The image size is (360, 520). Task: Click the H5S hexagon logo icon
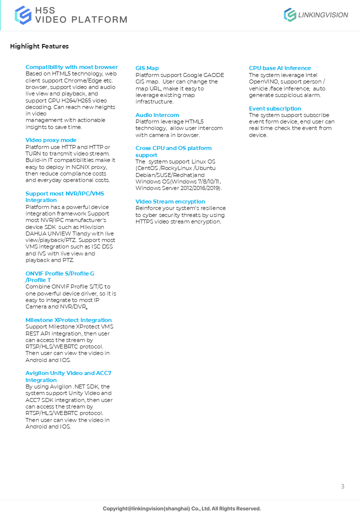point(23,15)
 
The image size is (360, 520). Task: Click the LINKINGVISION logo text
point(322,15)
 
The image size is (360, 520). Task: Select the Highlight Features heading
point(39,46)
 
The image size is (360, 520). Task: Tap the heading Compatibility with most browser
point(71,67)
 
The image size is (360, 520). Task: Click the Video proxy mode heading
point(51,140)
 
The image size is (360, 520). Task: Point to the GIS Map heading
point(147,68)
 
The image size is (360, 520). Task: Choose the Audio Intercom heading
point(157,115)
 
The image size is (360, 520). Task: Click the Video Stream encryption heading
point(170,201)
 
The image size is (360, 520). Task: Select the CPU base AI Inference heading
point(279,68)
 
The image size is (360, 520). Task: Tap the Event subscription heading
point(275,108)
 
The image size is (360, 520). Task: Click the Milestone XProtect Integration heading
point(68,320)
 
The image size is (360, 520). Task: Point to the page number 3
point(342,486)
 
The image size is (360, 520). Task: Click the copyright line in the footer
point(181,508)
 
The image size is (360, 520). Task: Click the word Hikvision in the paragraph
point(102,227)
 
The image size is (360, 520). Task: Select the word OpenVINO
point(265,81)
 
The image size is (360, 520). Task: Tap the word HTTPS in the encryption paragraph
point(144,221)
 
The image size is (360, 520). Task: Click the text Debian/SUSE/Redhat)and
point(170,175)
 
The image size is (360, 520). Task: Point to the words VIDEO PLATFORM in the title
point(80,20)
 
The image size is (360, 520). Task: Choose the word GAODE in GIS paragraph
point(214,75)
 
